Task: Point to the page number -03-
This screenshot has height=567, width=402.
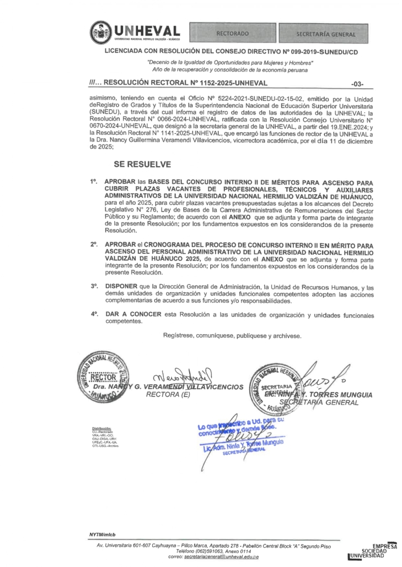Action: click(357, 84)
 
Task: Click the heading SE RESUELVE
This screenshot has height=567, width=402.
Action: click(142, 164)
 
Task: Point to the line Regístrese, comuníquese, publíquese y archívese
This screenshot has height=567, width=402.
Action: click(232, 335)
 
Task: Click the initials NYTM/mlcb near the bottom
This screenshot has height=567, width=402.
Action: click(102, 535)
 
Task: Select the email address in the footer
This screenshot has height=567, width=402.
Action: click(221, 557)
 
